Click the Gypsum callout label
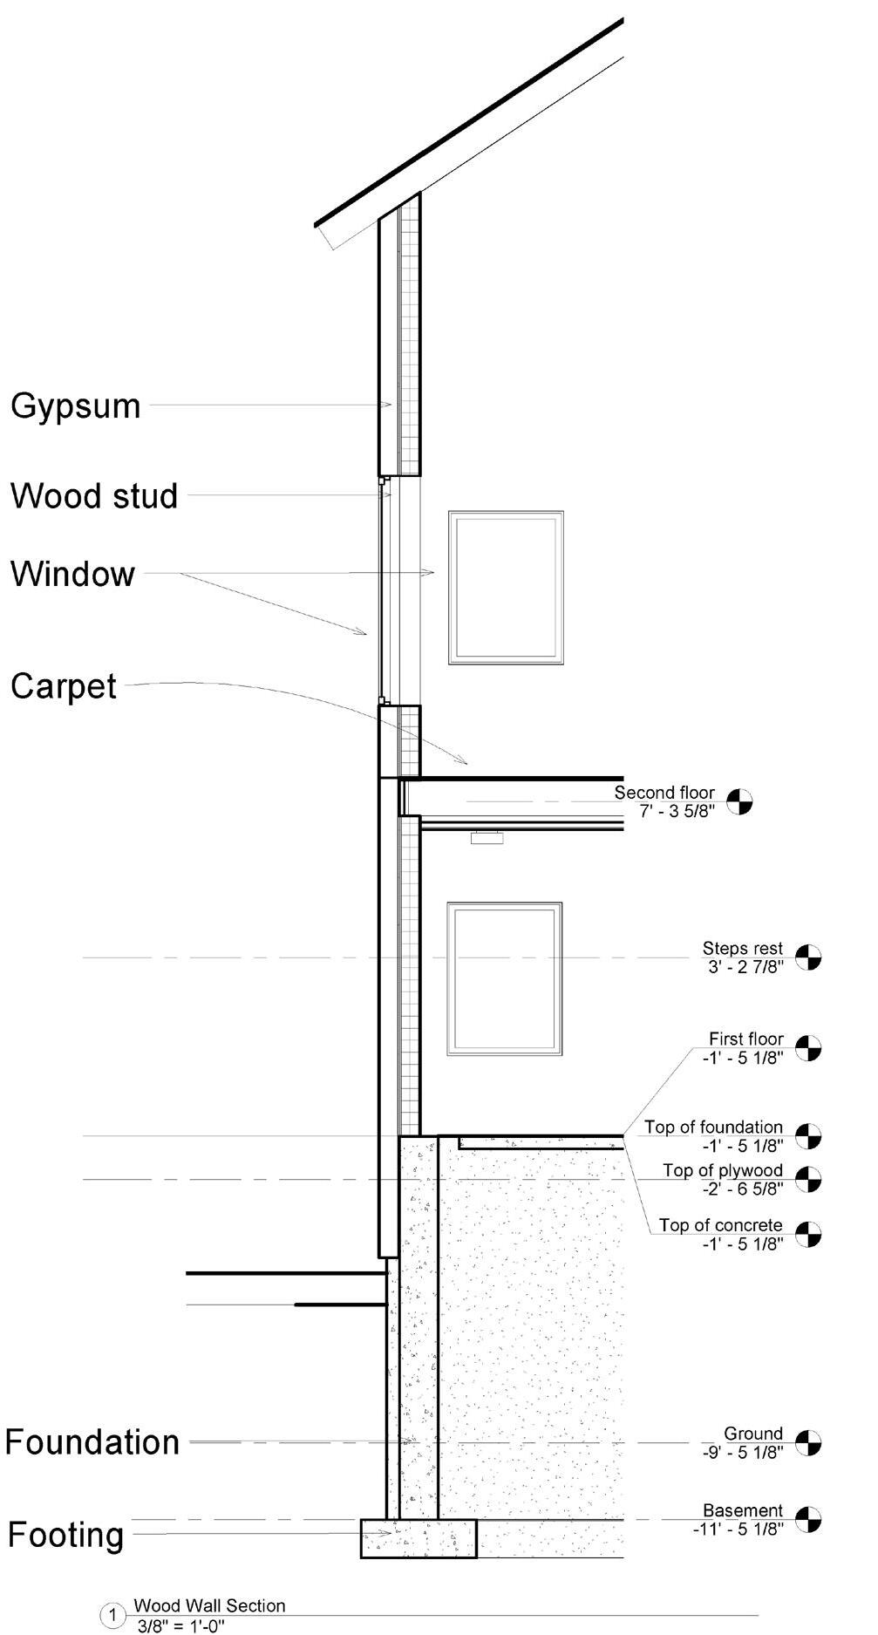tap(76, 406)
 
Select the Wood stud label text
tap(94, 496)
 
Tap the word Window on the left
tap(73, 575)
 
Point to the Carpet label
tap(64, 686)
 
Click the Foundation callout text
tap(92, 1442)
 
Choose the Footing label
tap(66, 1535)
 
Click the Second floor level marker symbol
tap(739, 801)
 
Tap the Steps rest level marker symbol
tap(808, 957)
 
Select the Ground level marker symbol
tap(808, 1443)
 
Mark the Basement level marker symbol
tap(808, 1520)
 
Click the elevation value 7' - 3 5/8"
tap(677, 811)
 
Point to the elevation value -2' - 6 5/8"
tap(743, 1189)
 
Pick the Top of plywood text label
tap(723, 1170)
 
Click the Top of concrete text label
tap(721, 1225)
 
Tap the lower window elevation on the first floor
tap(505, 978)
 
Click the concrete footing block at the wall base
tap(419, 1538)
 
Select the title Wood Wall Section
tap(209, 1605)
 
